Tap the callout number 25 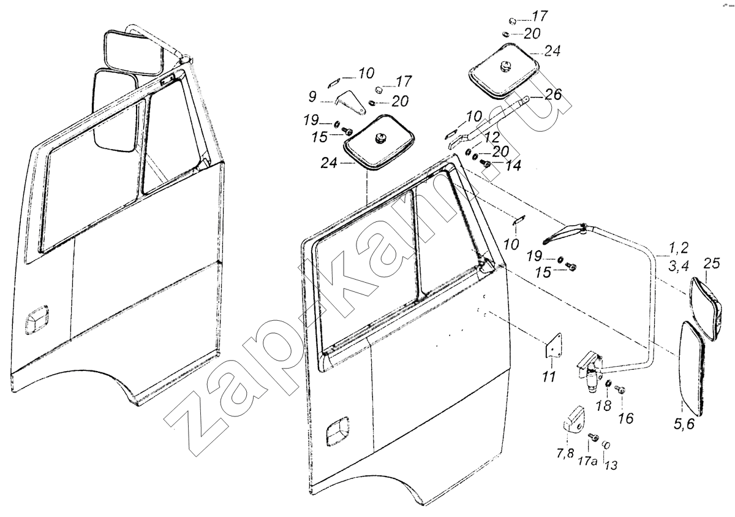[712, 264]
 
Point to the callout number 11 [549, 377]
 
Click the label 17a [587, 461]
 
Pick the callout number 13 [611, 465]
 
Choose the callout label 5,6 [684, 424]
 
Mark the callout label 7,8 [565, 454]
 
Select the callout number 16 [626, 418]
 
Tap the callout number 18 [604, 406]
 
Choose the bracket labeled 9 [350, 102]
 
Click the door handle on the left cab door [36, 320]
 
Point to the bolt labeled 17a [594, 437]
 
